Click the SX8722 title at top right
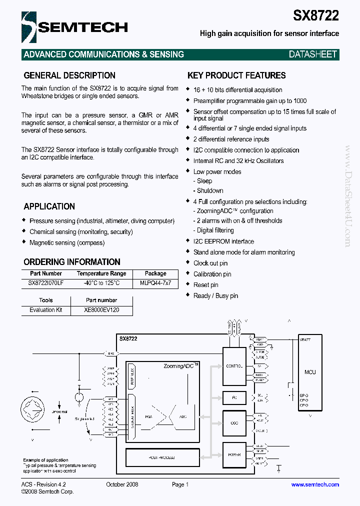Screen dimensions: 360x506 tap(315, 15)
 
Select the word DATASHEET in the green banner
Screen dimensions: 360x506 tap(313, 54)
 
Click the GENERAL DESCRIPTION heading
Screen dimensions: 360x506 tap(69, 75)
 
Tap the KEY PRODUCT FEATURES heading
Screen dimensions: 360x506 tap(236, 75)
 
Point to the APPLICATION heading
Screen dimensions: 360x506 tap(49, 206)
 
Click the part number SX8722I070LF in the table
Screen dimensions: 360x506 tap(46, 283)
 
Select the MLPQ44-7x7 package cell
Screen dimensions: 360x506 tap(155, 283)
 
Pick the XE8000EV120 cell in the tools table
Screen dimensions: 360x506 tap(101, 310)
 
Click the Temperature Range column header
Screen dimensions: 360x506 tap(101, 273)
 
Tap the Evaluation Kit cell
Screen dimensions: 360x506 tap(46, 310)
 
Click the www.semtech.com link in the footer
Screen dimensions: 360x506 tap(315, 484)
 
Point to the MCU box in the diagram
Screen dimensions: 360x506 tap(310, 372)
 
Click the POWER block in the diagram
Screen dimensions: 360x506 tap(234, 455)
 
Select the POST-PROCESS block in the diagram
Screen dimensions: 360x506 tap(162, 457)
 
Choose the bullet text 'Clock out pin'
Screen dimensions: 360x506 tap(210, 263)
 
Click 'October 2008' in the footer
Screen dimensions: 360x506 tap(122, 484)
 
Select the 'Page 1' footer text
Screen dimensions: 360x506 tap(180, 484)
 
